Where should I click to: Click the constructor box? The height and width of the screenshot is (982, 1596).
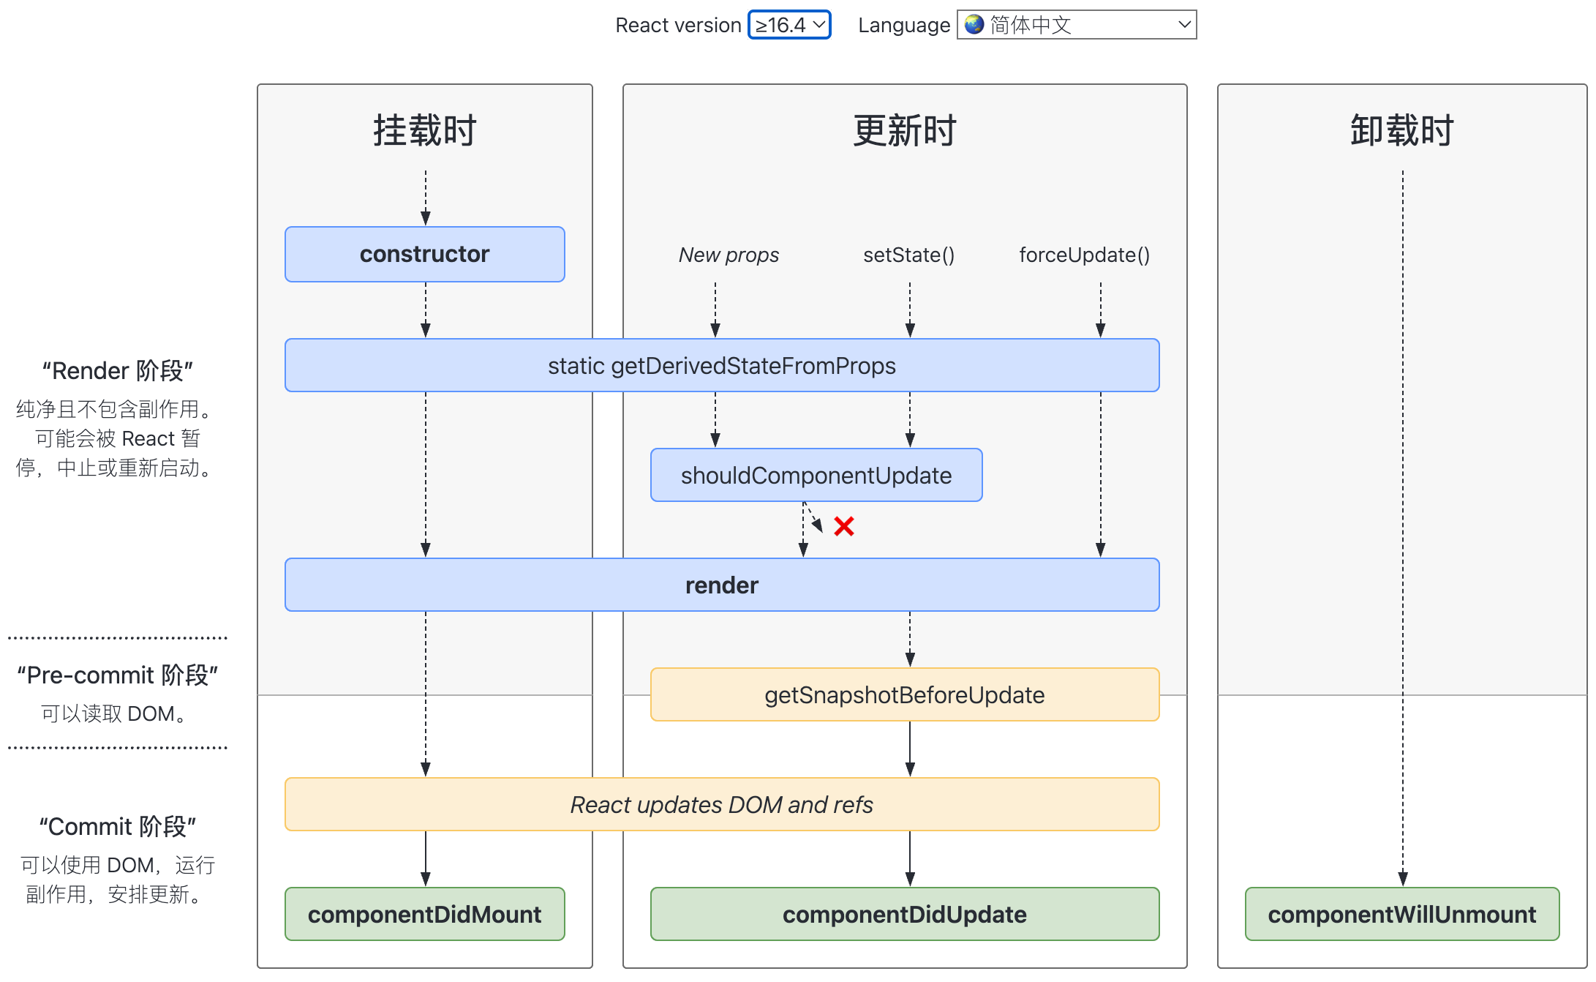[424, 254]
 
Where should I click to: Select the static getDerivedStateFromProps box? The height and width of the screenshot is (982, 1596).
[721, 365]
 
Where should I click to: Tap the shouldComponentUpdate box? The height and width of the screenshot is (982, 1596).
[816, 475]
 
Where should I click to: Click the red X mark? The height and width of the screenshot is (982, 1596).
[843, 526]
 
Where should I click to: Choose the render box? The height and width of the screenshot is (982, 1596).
[721, 585]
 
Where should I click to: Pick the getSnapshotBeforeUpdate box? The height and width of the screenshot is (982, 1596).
[904, 694]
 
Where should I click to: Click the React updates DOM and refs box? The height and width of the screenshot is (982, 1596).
[721, 804]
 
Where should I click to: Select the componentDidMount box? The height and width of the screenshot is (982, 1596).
[424, 914]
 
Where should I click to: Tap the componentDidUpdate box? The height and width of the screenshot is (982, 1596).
[904, 914]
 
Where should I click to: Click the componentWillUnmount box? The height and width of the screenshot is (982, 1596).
[1401, 914]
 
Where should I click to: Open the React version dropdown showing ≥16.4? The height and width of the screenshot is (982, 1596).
[789, 25]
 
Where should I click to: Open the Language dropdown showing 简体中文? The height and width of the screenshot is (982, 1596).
[1077, 25]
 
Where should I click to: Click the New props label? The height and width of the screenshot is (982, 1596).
[729, 255]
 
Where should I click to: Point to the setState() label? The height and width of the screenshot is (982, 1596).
[908, 255]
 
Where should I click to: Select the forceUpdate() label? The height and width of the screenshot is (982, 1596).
[1084, 255]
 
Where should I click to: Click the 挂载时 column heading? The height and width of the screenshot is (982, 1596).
[424, 131]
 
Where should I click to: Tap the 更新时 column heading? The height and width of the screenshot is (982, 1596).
[904, 131]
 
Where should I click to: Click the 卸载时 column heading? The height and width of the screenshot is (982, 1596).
[1401, 131]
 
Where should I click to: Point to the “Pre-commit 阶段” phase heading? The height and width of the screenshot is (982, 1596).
[117, 675]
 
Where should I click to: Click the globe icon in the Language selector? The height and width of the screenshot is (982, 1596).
[974, 25]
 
